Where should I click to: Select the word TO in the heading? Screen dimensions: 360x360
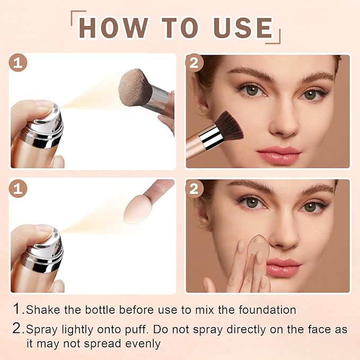point(175,28)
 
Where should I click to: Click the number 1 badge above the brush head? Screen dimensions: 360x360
point(19,64)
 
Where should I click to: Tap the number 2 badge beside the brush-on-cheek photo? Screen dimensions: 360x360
point(195,64)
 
